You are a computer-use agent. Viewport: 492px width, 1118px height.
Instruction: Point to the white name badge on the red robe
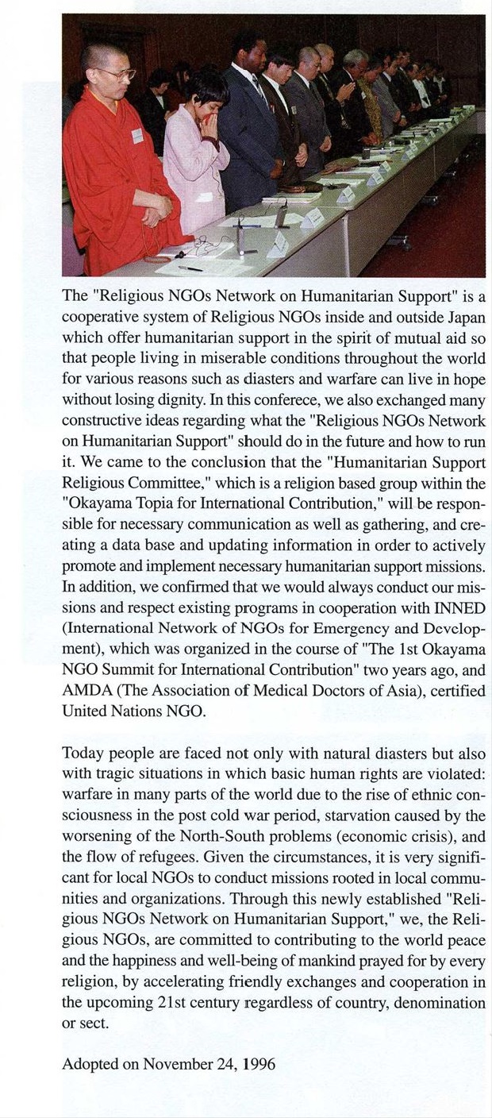click(137, 136)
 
